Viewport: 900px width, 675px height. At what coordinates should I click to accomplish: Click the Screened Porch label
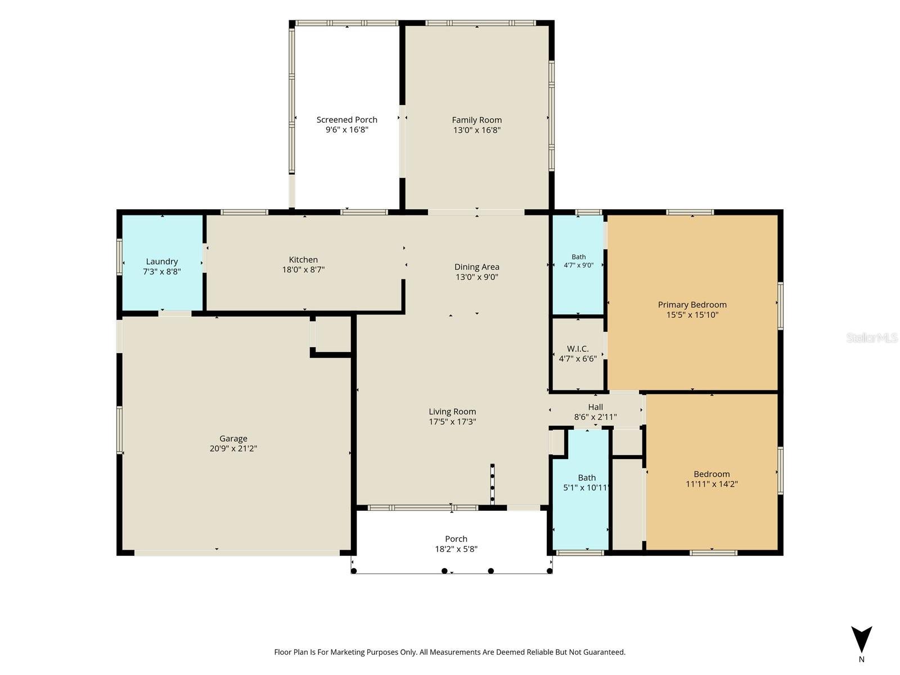[x=347, y=120]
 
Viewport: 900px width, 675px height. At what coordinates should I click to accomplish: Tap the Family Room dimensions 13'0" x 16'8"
[x=477, y=130]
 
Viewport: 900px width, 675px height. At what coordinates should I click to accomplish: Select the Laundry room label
[x=162, y=262]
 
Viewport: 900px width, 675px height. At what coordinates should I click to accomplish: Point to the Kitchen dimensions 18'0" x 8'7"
[x=303, y=269]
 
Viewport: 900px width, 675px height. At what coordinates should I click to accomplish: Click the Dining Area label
[x=477, y=267]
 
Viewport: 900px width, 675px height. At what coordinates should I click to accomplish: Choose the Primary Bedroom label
[x=692, y=304]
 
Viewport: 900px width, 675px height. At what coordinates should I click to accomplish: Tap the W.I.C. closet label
[x=578, y=349]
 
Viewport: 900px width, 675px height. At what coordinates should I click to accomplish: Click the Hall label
[x=595, y=407]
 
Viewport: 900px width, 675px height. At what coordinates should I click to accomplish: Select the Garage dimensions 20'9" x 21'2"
[x=233, y=448]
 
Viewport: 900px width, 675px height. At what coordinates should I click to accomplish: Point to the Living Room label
[x=452, y=412]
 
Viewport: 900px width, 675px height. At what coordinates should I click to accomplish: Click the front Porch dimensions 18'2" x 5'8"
[x=456, y=549]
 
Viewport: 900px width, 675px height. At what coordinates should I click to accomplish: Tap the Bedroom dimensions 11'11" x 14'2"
[x=712, y=484]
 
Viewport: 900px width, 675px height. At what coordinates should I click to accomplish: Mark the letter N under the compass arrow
[x=861, y=659]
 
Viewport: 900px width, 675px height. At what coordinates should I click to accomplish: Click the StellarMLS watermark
[x=872, y=337]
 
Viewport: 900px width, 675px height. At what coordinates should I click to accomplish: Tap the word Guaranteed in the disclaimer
[x=603, y=651]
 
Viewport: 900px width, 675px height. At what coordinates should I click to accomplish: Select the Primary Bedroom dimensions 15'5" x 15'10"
[x=692, y=315]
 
